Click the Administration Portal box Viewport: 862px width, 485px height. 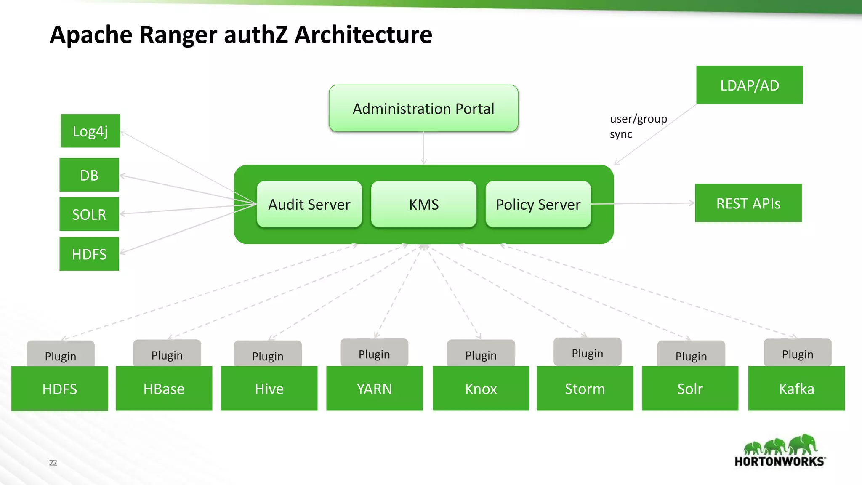pos(423,109)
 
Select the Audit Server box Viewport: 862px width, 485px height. pos(309,205)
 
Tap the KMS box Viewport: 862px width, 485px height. pos(424,205)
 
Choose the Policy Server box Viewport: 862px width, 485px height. pos(538,205)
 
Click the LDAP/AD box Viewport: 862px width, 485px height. pos(749,85)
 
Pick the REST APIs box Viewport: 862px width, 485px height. pos(748,203)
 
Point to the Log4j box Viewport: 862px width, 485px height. pos(90,131)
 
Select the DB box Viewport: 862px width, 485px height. pos(89,175)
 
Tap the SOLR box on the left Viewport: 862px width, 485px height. pos(89,214)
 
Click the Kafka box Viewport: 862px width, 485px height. pos(796,389)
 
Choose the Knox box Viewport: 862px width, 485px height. pos(481,389)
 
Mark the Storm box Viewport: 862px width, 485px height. pos(585,389)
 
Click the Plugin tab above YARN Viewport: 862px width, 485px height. pos(374,354)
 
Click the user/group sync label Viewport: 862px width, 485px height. pos(638,126)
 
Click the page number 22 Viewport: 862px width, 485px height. pos(53,462)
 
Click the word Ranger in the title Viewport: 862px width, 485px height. pos(178,35)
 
